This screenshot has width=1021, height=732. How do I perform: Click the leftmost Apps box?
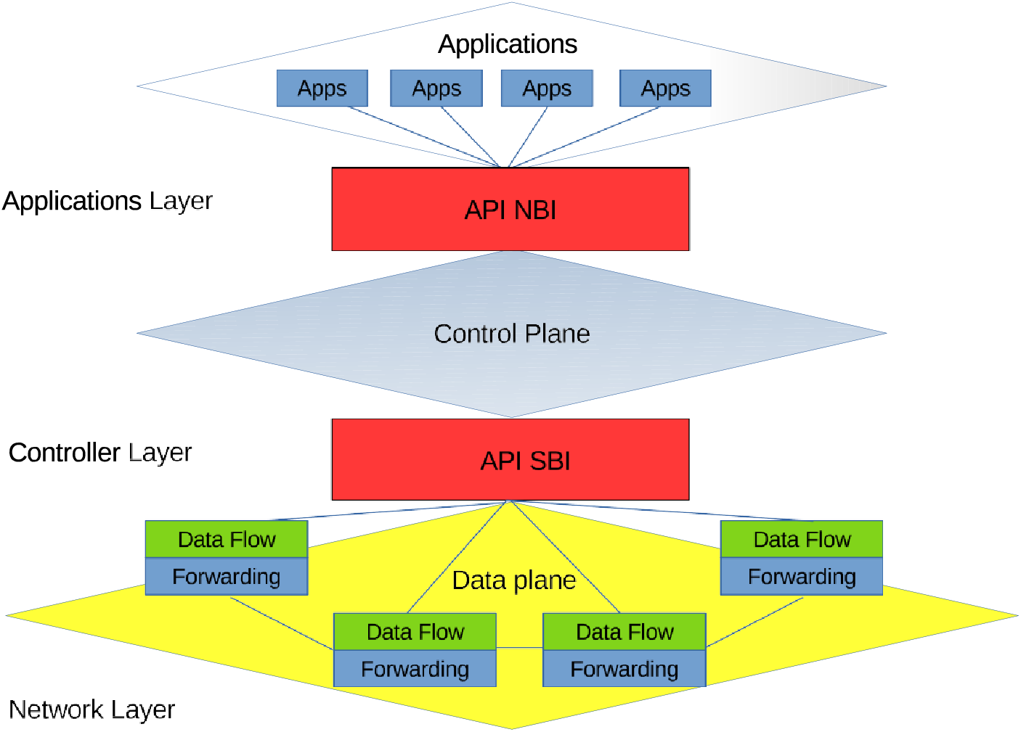(322, 89)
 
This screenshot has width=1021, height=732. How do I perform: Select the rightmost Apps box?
(665, 89)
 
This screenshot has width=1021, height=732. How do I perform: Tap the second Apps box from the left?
(436, 89)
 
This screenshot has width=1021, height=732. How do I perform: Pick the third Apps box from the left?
(547, 89)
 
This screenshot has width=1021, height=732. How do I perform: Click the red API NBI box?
(510, 209)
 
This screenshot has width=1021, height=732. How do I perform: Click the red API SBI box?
(510, 460)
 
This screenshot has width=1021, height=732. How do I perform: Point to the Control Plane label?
(512, 334)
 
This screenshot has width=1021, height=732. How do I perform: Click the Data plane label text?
(514, 581)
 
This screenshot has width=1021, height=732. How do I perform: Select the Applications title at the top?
(508, 44)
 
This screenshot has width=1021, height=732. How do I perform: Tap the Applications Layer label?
(107, 201)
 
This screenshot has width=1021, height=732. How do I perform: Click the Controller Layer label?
(100, 453)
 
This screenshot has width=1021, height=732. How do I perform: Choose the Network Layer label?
(91, 710)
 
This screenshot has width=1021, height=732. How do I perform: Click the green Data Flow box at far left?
(227, 539)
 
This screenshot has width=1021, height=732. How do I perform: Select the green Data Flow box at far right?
(802, 539)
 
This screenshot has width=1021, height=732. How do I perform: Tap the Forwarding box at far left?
(227, 576)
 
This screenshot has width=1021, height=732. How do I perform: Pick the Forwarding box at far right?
(802, 576)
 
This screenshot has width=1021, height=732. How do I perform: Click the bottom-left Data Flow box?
(415, 632)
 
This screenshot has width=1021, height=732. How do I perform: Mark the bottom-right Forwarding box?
(625, 668)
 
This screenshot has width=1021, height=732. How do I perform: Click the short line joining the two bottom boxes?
(520, 647)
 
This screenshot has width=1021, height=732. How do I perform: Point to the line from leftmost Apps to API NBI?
(424, 136)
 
